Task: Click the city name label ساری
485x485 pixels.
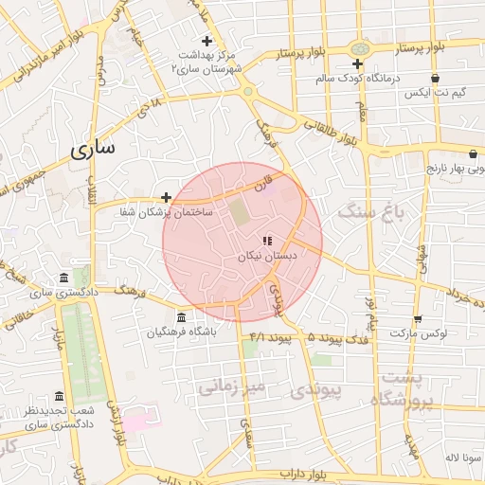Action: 92,149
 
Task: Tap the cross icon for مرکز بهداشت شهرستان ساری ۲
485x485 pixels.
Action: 207,41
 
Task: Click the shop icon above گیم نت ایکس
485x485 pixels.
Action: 435,79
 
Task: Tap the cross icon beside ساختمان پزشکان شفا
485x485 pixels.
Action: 167,197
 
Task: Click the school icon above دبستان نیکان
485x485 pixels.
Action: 267,241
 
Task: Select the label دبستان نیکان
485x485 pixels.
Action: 267,256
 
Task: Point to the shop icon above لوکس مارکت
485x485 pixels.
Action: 418,318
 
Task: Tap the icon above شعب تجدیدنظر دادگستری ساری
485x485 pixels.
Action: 59,396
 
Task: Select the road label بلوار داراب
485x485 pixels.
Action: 307,473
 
